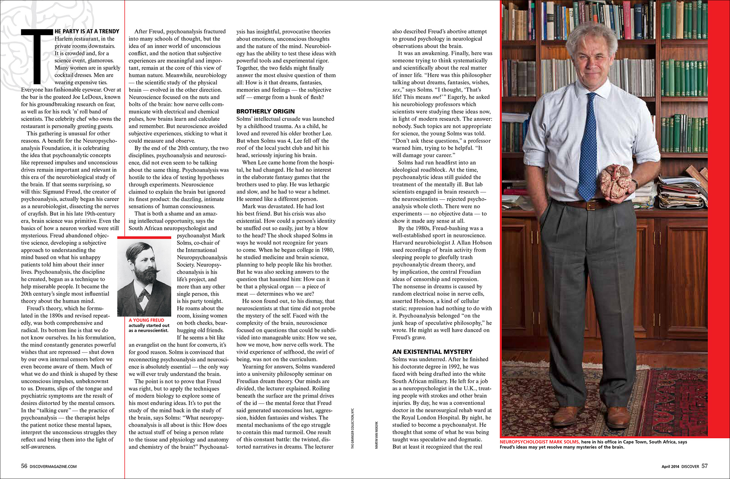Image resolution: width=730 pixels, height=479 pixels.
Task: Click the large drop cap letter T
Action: point(37,56)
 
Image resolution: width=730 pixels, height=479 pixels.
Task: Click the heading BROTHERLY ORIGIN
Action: point(265,111)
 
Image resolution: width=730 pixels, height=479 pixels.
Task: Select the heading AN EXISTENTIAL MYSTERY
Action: point(432,352)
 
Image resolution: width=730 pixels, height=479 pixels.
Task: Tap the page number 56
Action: point(24,466)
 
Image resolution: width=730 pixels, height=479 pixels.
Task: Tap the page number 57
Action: point(705,466)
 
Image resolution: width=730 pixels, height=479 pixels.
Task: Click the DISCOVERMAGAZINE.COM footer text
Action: point(53,466)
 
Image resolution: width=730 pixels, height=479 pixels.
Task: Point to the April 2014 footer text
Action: point(670,466)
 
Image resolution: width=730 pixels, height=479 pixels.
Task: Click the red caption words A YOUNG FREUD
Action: point(146,320)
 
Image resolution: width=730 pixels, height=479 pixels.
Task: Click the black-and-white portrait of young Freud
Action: point(144,278)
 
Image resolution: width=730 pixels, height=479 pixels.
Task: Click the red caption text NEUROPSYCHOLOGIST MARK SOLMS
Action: point(540,442)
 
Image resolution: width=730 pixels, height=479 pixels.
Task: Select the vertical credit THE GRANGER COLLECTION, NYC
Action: point(352,429)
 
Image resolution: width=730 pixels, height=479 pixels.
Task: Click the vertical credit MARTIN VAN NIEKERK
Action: point(376,435)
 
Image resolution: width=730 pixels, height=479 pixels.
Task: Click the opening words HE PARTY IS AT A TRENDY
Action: point(87,32)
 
